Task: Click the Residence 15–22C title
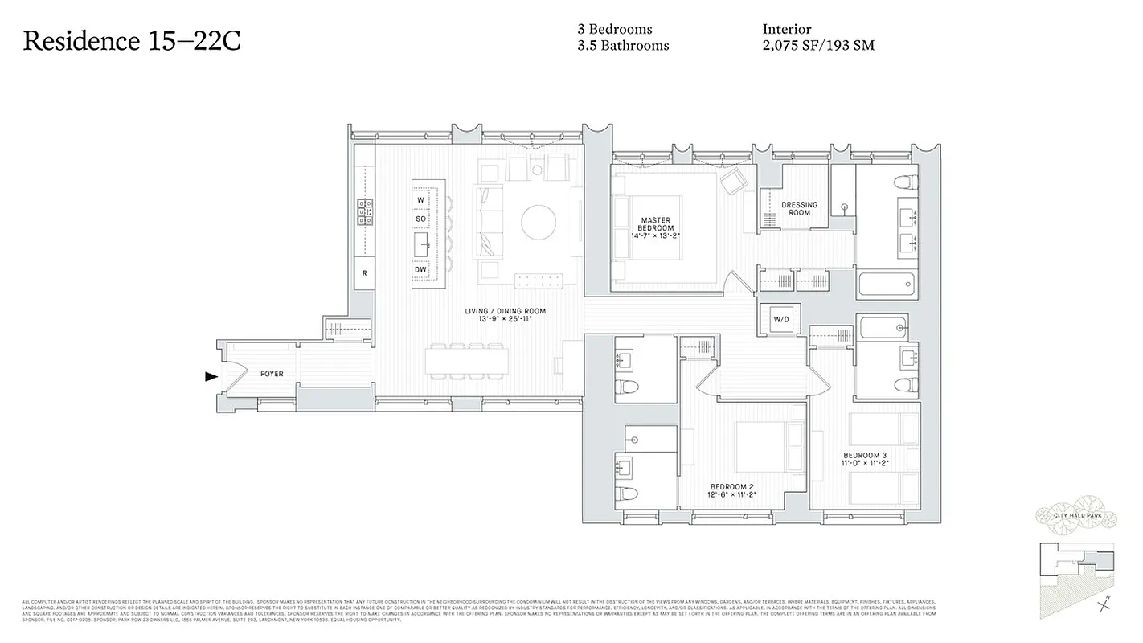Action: (x=132, y=41)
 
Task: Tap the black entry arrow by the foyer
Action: (x=211, y=375)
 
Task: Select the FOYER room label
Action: (x=272, y=374)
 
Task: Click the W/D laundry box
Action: (x=781, y=320)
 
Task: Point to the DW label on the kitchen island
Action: (x=420, y=269)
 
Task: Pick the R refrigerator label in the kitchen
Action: (x=364, y=273)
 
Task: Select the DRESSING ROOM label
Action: (x=799, y=208)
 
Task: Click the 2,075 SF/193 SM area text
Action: (x=818, y=46)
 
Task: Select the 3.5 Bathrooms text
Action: (x=623, y=46)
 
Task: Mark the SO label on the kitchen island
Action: (x=420, y=219)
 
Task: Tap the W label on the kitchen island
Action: (x=420, y=199)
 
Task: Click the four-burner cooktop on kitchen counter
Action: (x=364, y=211)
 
